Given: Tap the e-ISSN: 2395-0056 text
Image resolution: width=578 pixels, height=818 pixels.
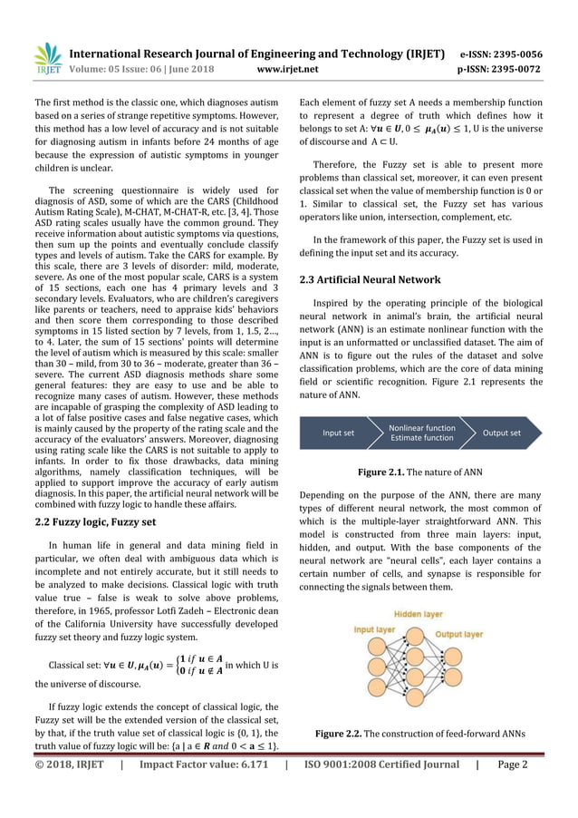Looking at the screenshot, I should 515,53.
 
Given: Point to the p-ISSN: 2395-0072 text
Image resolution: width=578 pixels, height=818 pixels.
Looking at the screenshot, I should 515,69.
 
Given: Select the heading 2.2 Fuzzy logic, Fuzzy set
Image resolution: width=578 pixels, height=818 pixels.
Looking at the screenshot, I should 94,521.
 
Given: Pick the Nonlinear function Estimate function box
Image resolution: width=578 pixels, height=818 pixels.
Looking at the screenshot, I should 421,433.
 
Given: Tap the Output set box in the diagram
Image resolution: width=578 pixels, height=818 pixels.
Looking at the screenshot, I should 502,433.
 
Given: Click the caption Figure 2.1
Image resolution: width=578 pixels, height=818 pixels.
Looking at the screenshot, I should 421,472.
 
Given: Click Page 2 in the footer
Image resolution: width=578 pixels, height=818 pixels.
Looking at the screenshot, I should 513,764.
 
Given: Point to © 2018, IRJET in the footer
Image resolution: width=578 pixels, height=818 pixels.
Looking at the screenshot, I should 69,764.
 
